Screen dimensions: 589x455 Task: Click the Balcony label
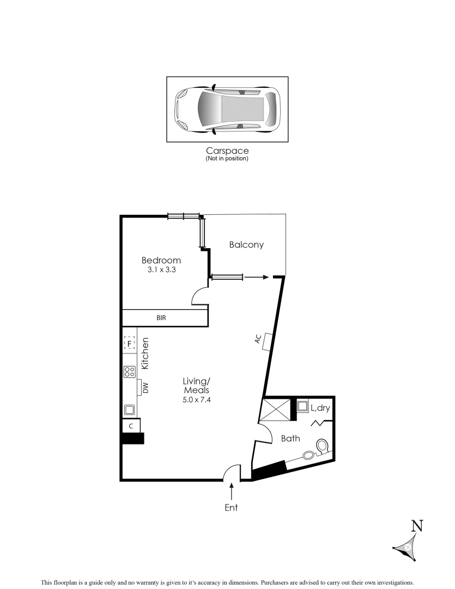coord(246,245)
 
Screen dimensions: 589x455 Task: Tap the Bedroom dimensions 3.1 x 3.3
coord(161,269)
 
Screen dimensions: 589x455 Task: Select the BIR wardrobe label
coord(161,317)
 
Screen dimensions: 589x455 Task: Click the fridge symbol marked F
coord(129,343)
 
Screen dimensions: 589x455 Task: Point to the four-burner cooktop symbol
coord(130,372)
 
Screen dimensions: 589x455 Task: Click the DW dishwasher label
coord(145,388)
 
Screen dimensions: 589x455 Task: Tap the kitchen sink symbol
coord(130,409)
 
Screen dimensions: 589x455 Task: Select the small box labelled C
coord(131,426)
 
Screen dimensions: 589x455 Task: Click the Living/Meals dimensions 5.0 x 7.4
coord(196,400)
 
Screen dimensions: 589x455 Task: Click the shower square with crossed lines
coord(277,410)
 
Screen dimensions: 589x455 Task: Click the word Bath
coord(290,438)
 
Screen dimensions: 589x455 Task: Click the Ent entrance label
coord(232,507)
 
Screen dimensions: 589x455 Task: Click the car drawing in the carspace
coord(227,110)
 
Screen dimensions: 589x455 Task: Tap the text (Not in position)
coord(227,159)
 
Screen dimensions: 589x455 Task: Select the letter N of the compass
coord(417,526)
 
